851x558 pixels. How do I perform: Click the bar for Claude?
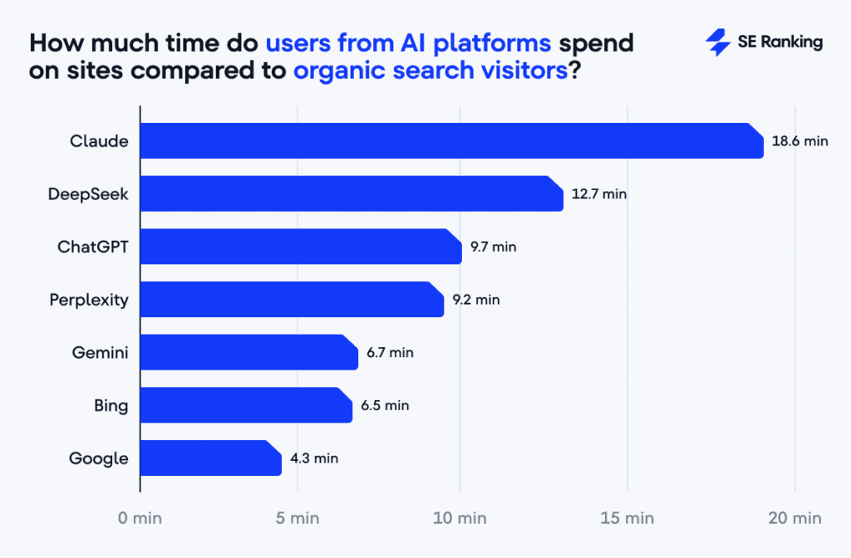pos(451,140)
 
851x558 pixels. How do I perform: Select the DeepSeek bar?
pos(352,193)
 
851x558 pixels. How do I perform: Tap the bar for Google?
pos(210,458)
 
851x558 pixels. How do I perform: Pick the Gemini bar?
pos(248,352)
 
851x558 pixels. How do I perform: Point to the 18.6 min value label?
pos(799,141)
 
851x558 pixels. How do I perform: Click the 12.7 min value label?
pos(598,194)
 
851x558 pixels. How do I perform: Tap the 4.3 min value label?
pos(314,458)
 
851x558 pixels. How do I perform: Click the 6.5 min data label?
pos(385,405)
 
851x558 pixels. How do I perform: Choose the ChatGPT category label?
pos(93,247)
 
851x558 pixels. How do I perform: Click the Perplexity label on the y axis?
pos(89,300)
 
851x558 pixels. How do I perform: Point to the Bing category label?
pos(111,405)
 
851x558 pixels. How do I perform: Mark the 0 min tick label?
pos(140,518)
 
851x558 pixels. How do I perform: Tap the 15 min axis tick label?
pos(628,518)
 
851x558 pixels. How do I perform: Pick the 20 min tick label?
pos(795,518)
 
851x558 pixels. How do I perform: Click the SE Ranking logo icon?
pos(717,42)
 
